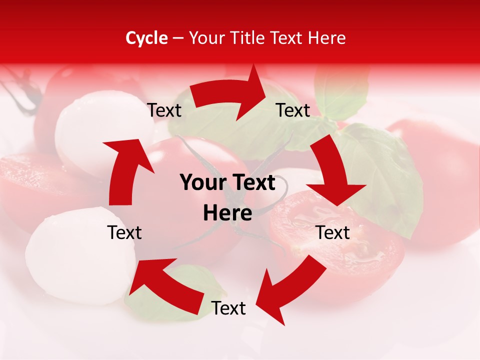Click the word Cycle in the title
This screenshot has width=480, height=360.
point(146,38)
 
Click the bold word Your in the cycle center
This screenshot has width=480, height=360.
point(200,183)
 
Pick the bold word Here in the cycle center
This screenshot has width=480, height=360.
point(227,213)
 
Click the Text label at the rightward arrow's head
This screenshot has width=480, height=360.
point(293,110)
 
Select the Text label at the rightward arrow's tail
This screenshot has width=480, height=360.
point(164,110)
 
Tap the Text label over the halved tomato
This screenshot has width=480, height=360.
point(333,232)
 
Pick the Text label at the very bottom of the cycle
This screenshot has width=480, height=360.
point(228,308)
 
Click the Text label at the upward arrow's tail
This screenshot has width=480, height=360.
point(124,232)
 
